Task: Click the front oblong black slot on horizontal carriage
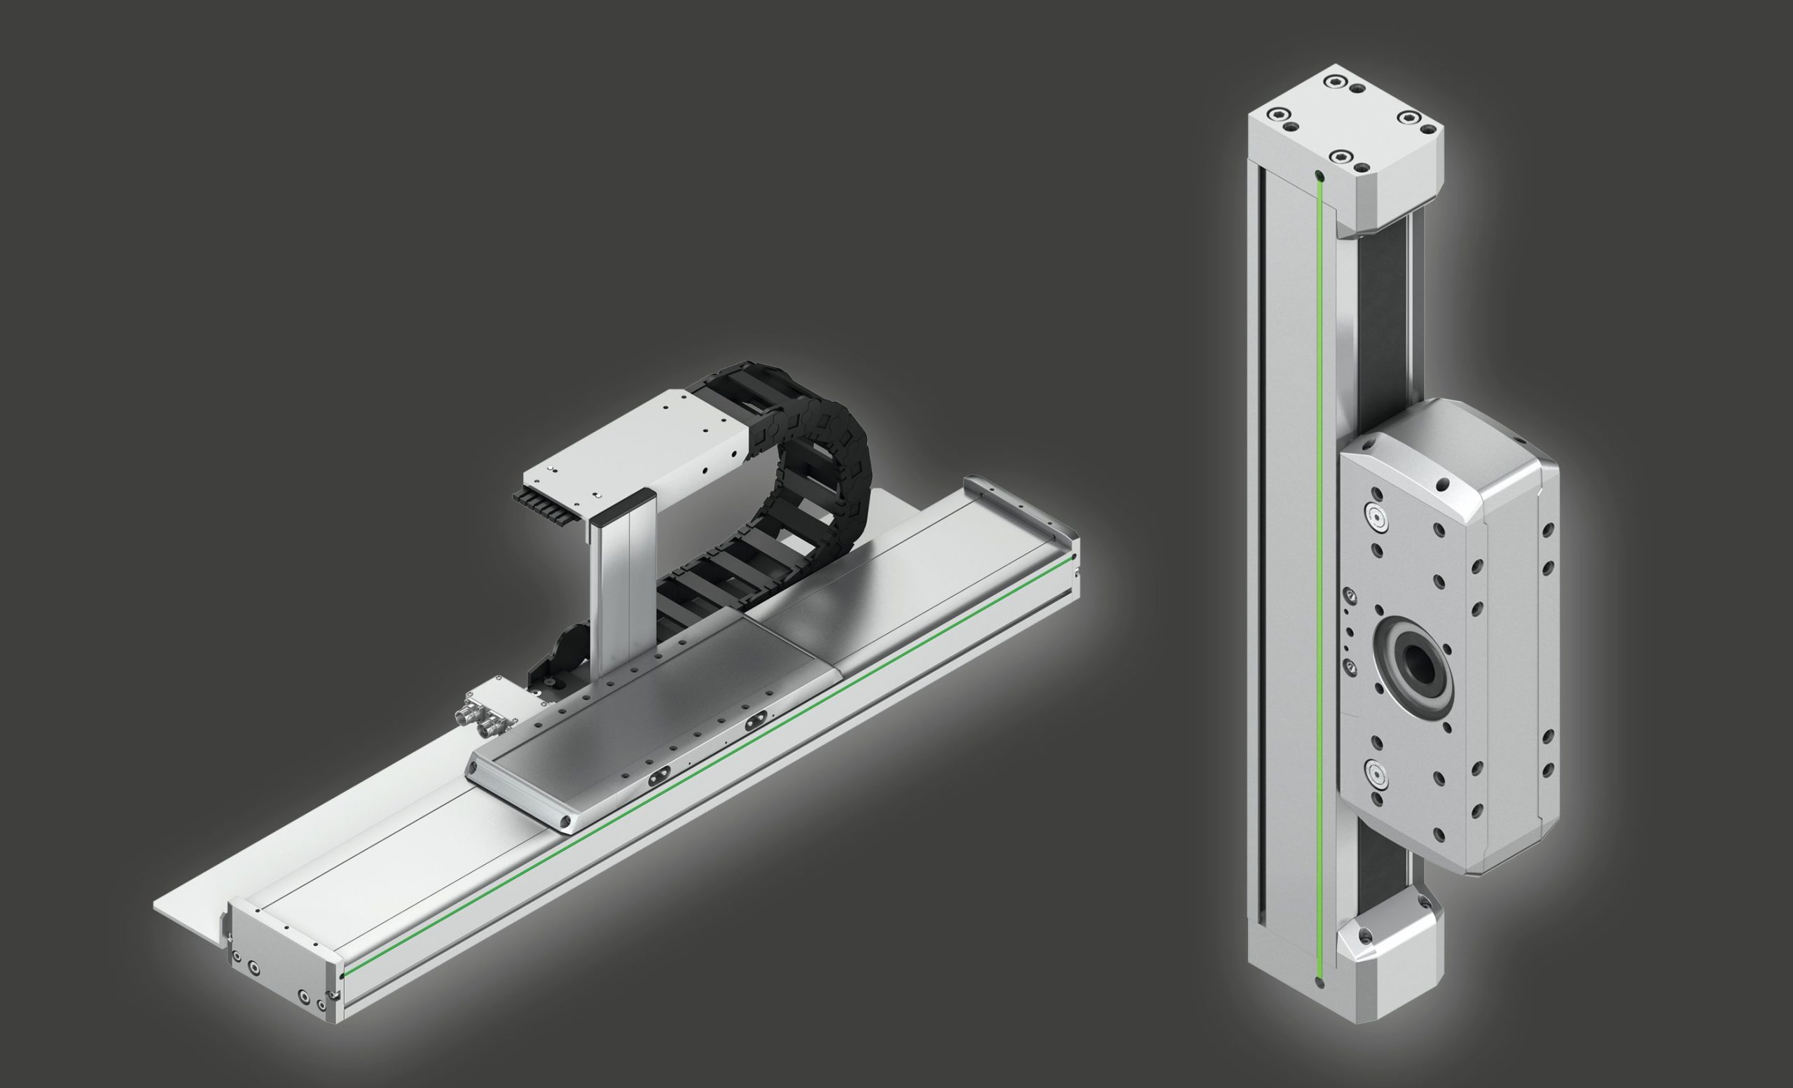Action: point(656,777)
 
